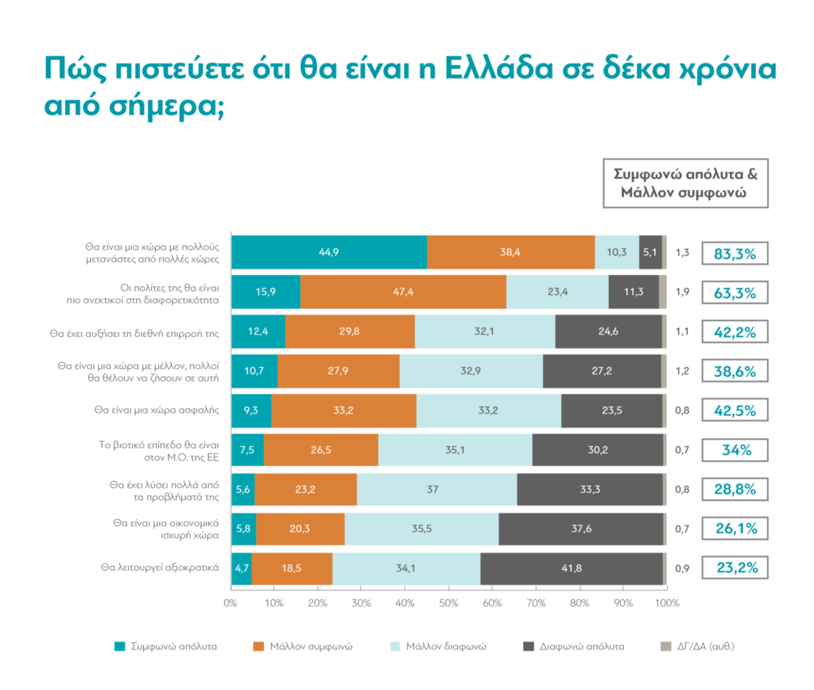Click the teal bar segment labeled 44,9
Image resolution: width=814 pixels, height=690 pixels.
tap(328, 253)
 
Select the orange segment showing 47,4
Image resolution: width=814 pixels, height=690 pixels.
tap(403, 292)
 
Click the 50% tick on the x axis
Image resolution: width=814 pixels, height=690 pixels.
tap(448, 603)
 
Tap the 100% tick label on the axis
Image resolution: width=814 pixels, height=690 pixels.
tap(666, 603)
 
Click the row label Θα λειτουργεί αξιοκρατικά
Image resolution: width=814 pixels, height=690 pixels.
tap(159, 568)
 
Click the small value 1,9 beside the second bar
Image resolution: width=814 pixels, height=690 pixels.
tap(682, 292)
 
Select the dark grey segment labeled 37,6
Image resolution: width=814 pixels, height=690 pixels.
tap(580, 529)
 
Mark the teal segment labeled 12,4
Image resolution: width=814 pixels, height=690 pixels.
tap(258, 331)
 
